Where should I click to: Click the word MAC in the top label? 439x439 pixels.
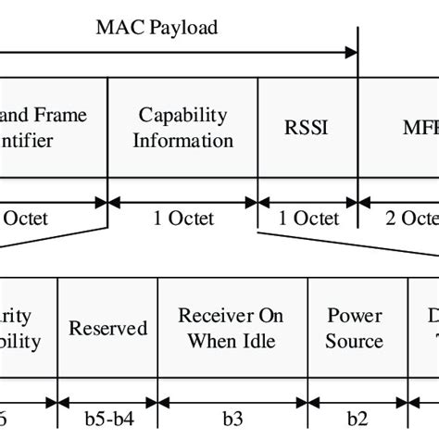click(117, 27)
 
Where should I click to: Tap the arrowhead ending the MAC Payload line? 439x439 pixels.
click(352, 52)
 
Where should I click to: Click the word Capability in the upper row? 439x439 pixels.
click(182, 115)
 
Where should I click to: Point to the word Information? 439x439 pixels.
click(182, 141)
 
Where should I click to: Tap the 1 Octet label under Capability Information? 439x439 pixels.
click(182, 219)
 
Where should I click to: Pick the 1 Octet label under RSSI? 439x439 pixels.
click(307, 219)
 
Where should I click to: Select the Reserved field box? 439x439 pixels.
click(108, 328)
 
